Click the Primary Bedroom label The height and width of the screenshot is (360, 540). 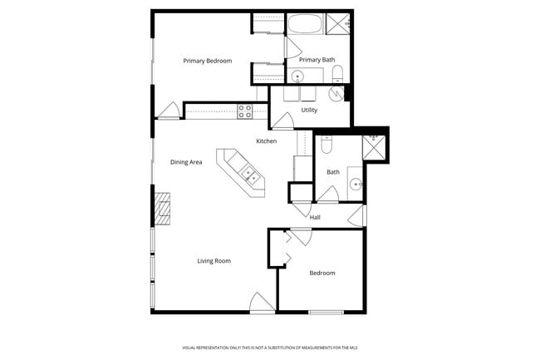point(207,61)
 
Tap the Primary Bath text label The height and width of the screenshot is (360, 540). point(316,60)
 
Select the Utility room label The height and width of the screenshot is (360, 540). point(309,110)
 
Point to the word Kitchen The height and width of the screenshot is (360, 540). point(266,141)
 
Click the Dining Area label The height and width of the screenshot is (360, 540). point(186,162)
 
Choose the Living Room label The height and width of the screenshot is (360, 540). point(214,261)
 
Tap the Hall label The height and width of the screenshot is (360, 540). point(315,218)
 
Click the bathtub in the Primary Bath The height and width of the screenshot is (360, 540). point(305,23)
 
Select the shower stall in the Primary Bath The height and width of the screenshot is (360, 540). point(338,23)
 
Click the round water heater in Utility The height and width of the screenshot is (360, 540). point(336,94)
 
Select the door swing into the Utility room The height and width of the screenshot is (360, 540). point(283,122)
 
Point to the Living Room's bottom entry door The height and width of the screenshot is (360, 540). point(262,303)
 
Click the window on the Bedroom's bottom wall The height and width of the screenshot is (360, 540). point(326,312)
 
